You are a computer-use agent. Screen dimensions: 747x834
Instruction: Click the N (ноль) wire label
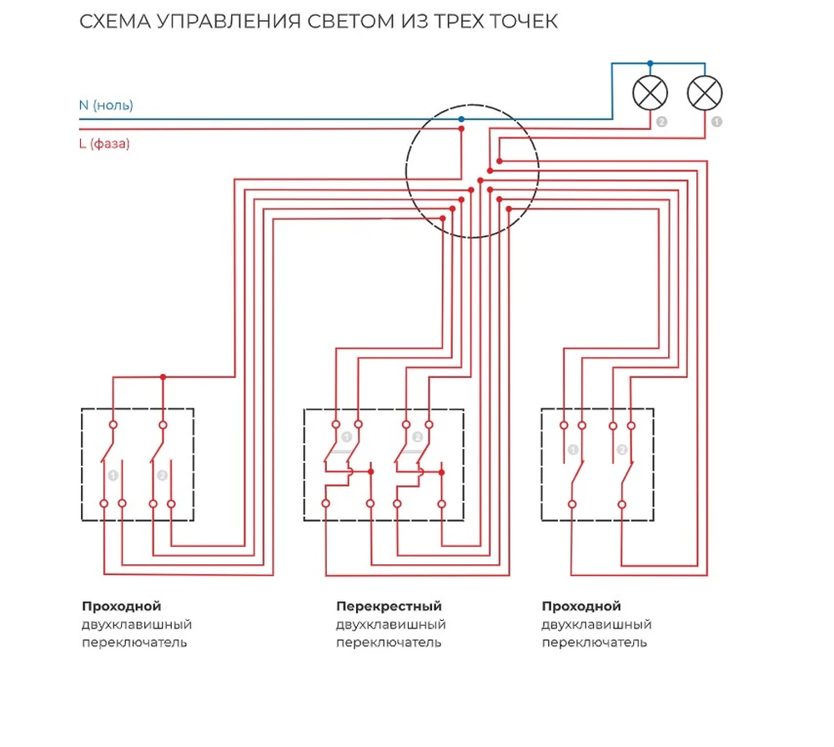(x=106, y=105)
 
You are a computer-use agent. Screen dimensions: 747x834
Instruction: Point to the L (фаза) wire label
(x=104, y=144)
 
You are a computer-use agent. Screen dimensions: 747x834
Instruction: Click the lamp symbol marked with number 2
(x=651, y=93)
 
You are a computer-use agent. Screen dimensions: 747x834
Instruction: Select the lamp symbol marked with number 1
(x=705, y=93)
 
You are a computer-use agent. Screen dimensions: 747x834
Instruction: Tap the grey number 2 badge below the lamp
(x=662, y=122)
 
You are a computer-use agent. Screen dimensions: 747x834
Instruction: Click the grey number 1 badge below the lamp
(x=716, y=122)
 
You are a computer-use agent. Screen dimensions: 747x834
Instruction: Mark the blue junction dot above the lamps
(x=651, y=63)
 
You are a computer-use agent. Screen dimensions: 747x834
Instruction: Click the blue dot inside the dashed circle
(x=461, y=119)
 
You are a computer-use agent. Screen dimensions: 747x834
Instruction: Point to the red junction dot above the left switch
(x=163, y=377)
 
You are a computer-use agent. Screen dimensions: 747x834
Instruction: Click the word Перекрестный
(x=389, y=606)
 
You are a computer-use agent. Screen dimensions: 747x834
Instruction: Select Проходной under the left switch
(x=121, y=606)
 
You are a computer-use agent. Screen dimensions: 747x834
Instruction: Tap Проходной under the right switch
(x=581, y=606)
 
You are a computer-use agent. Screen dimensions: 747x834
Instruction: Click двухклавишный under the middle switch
(x=391, y=624)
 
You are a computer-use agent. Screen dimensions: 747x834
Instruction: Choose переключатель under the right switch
(x=595, y=643)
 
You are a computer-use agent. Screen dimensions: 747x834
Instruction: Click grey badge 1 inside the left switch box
(x=113, y=475)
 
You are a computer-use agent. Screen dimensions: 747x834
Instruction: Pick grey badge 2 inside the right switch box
(x=622, y=450)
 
